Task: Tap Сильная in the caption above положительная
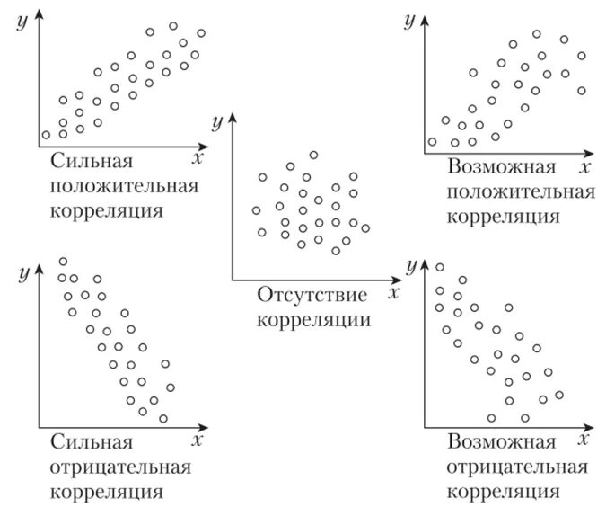pyautogui.click(x=92, y=163)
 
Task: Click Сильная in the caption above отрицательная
pyautogui.click(x=92, y=443)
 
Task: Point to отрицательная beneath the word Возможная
pyautogui.click(x=517, y=467)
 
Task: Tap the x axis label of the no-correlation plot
pyautogui.click(x=395, y=290)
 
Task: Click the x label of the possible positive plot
pyautogui.click(x=584, y=167)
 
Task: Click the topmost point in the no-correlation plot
pyautogui.click(x=313, y=156)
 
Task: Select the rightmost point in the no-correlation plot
pyautogui.click(x=364, y=228)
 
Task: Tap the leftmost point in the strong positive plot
pyautogui.click(x=46, y=136)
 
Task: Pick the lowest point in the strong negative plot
pyautogui.click(x=162, y=418)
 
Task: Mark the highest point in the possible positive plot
pyautogui.click(x=536, y=34)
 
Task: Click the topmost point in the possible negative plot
pyautogui.click(x=440, y=267)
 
